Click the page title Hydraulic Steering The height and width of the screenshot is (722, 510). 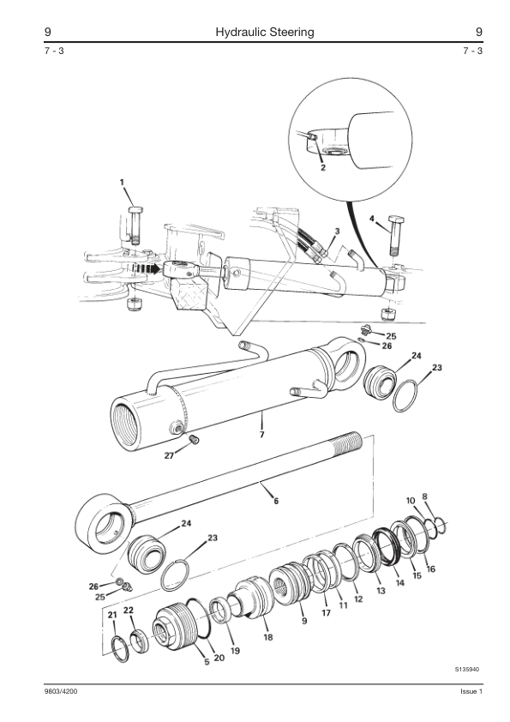[x=265, y=33]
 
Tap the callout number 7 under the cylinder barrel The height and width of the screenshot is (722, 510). [x=261, y=434]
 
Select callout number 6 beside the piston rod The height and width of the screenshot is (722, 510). [x=276, y=501]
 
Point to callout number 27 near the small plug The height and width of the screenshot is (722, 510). [x=170, y=455]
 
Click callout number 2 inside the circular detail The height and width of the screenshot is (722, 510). [x=322, y=167]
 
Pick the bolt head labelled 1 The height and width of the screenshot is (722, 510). [x=135, y=210]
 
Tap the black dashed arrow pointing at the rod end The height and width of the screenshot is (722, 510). [x=147, y=268]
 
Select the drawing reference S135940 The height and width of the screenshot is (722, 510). [x=467, y=669]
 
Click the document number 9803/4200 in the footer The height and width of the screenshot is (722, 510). [x=57, y=692]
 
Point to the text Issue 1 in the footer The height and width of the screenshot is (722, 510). [x=471, y=692]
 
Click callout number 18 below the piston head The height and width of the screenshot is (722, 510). [x=268, y=637]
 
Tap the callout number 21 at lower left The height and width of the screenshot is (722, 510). [x=112, y=615]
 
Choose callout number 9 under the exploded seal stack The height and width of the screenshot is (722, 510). [x=304, y=621]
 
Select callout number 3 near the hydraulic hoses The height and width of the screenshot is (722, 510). [x=337, y=232]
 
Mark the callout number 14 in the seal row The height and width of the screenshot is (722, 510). [x=400, y=582]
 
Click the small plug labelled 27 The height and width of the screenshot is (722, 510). [x=194, y=439]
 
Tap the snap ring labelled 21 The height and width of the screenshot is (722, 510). [x=121, y=649]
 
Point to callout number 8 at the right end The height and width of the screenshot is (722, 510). [x=424, y=496]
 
